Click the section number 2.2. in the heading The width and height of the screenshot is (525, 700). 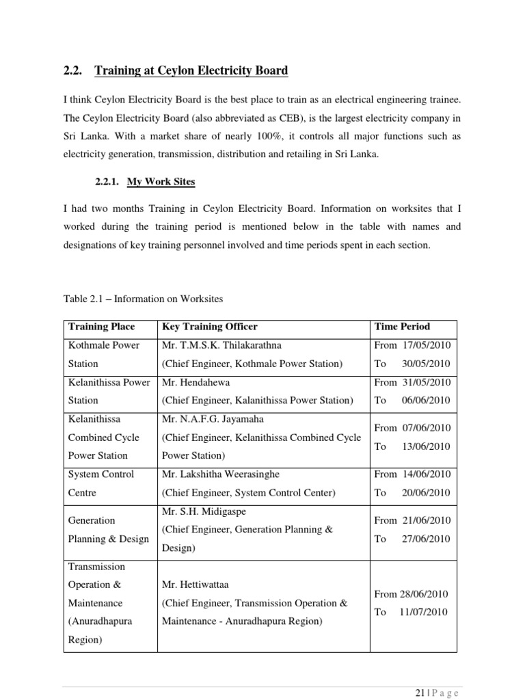coord(72,70)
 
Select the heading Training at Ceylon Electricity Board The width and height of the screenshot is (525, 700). coord(191,70)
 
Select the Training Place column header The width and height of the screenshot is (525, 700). coord(100,327)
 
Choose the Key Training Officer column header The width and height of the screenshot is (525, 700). coord(209,327)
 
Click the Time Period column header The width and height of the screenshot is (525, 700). coord(402,327)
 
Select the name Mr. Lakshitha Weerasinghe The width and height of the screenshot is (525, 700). coord(221,474)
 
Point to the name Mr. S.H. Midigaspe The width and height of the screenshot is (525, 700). coord(205,511)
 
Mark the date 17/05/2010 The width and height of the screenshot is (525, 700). coord(427,345)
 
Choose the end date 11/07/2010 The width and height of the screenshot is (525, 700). coord(425,612)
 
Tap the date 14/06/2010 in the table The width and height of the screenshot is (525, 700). coord(427,474)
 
